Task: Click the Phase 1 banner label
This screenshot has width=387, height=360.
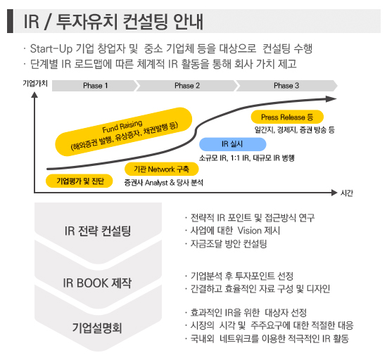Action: click(x=96, y=86)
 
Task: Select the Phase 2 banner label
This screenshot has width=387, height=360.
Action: click(x=187, y=86)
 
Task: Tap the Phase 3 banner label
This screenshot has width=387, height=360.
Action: click(x=286, y=86)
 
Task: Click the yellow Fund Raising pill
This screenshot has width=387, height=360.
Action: click(x=123, y=132)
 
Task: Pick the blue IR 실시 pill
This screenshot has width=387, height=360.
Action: click(x=232, y=144)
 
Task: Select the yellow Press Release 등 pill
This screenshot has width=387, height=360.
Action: click(x=287, y=117)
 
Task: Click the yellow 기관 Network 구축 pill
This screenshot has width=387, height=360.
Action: click(x=161, y=169)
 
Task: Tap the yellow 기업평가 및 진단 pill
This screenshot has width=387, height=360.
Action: click(x=80, y=181)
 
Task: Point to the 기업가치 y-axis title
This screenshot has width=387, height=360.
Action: click(x=35, y=84)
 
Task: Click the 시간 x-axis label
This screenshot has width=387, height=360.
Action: click(x=346, y=193)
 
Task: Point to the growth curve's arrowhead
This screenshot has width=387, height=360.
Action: click(x=331, y=99)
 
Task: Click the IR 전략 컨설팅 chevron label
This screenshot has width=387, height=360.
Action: click(x=98, y=231)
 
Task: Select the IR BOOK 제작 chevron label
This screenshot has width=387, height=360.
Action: click(x=97, y=283)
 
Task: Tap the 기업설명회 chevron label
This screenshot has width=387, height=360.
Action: click(x=97, y=328)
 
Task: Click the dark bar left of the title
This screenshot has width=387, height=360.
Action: click(x=10, y=21)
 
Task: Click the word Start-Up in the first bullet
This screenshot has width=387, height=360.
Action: click(x=51, y=49)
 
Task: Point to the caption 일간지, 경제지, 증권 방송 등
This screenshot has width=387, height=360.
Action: click(x=295, y=129)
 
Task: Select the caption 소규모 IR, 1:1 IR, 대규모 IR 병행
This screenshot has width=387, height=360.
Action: click(x=247, y=157)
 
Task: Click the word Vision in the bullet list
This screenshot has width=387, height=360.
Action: click(x=250, y=231)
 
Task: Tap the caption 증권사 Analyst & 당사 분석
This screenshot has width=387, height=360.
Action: click(x=164, y=183)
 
